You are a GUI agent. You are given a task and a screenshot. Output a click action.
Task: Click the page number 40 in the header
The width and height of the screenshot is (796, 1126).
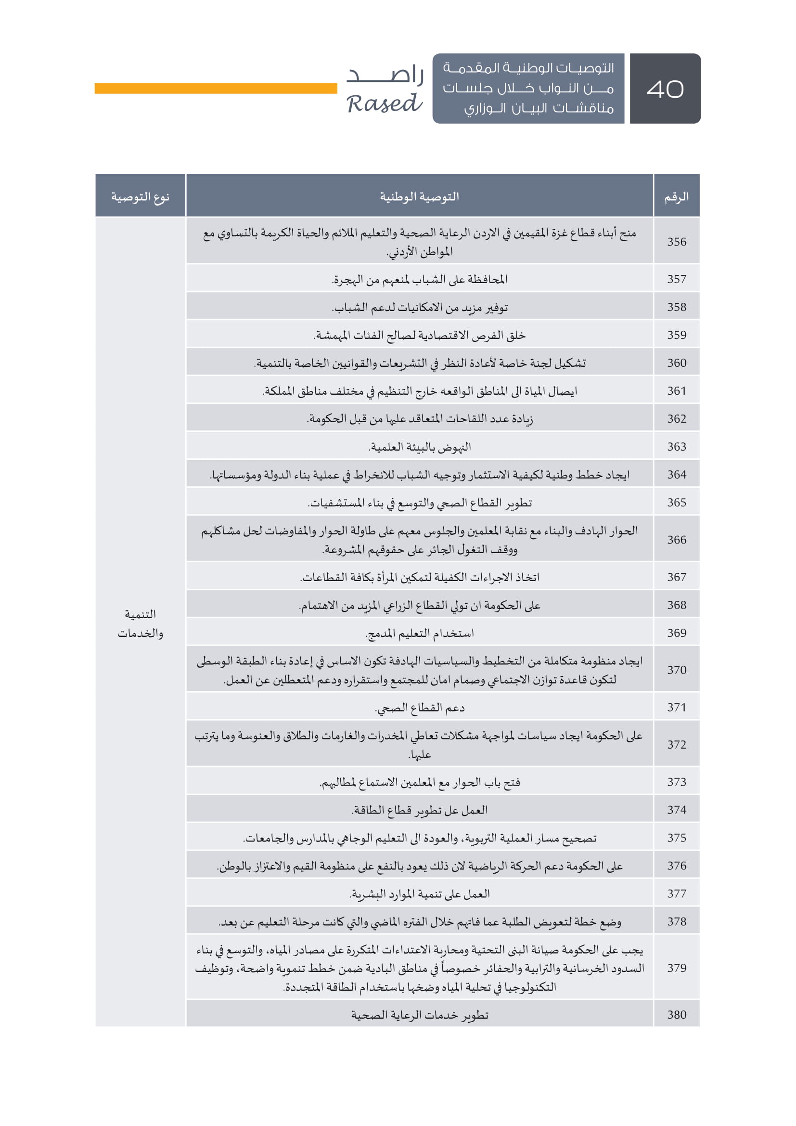point(665,89)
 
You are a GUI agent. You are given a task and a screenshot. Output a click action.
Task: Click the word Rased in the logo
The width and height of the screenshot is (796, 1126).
point(384,104)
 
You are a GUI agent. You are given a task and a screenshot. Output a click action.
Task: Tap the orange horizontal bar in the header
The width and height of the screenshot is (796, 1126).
point(216,88)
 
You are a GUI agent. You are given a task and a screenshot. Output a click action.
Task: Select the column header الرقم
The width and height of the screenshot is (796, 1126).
point(676,197)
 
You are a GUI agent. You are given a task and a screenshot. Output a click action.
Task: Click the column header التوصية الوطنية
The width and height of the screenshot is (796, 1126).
point(420,197)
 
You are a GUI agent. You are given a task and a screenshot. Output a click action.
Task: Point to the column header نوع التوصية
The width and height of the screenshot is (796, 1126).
point(140,197)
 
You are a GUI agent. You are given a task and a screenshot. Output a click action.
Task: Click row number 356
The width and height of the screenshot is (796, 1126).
point(676,242)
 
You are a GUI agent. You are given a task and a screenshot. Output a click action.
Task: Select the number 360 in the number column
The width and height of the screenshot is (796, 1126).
point(676,363)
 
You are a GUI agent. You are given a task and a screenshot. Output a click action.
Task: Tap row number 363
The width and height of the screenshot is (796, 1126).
point(676,447)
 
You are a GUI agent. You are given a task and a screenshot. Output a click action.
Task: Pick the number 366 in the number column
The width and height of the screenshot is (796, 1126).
point(676,540)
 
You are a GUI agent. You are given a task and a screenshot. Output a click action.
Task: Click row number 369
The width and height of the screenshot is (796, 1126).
point(676,633)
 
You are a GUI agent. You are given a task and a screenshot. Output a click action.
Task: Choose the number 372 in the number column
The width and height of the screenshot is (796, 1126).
point(676,744)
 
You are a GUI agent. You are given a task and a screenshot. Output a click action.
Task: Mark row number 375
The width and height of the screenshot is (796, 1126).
point(676,838)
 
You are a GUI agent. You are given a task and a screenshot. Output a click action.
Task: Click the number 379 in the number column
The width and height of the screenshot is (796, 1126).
point(676,968)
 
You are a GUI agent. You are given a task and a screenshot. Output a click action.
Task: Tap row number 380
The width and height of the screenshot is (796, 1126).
point(676,1015)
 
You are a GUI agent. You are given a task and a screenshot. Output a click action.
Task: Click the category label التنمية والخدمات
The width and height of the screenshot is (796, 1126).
point(140,624)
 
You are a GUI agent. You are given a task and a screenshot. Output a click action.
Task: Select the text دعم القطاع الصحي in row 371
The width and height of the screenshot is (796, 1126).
point(420,708)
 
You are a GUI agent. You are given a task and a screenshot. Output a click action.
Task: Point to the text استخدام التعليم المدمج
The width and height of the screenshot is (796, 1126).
point(420,633)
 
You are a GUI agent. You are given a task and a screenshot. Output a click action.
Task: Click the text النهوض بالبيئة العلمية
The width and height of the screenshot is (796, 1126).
point(420,447)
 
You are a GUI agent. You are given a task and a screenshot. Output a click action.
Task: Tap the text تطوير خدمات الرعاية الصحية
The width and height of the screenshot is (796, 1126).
point(420,1015)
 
